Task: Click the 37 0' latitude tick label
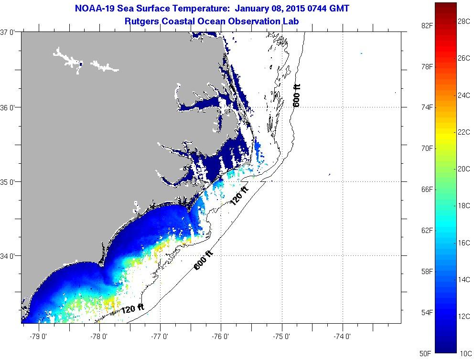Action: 8,32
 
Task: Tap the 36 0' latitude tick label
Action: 8,107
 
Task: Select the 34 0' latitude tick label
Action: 8,256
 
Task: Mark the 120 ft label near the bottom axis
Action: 132,309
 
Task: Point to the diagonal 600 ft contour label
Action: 203,260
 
